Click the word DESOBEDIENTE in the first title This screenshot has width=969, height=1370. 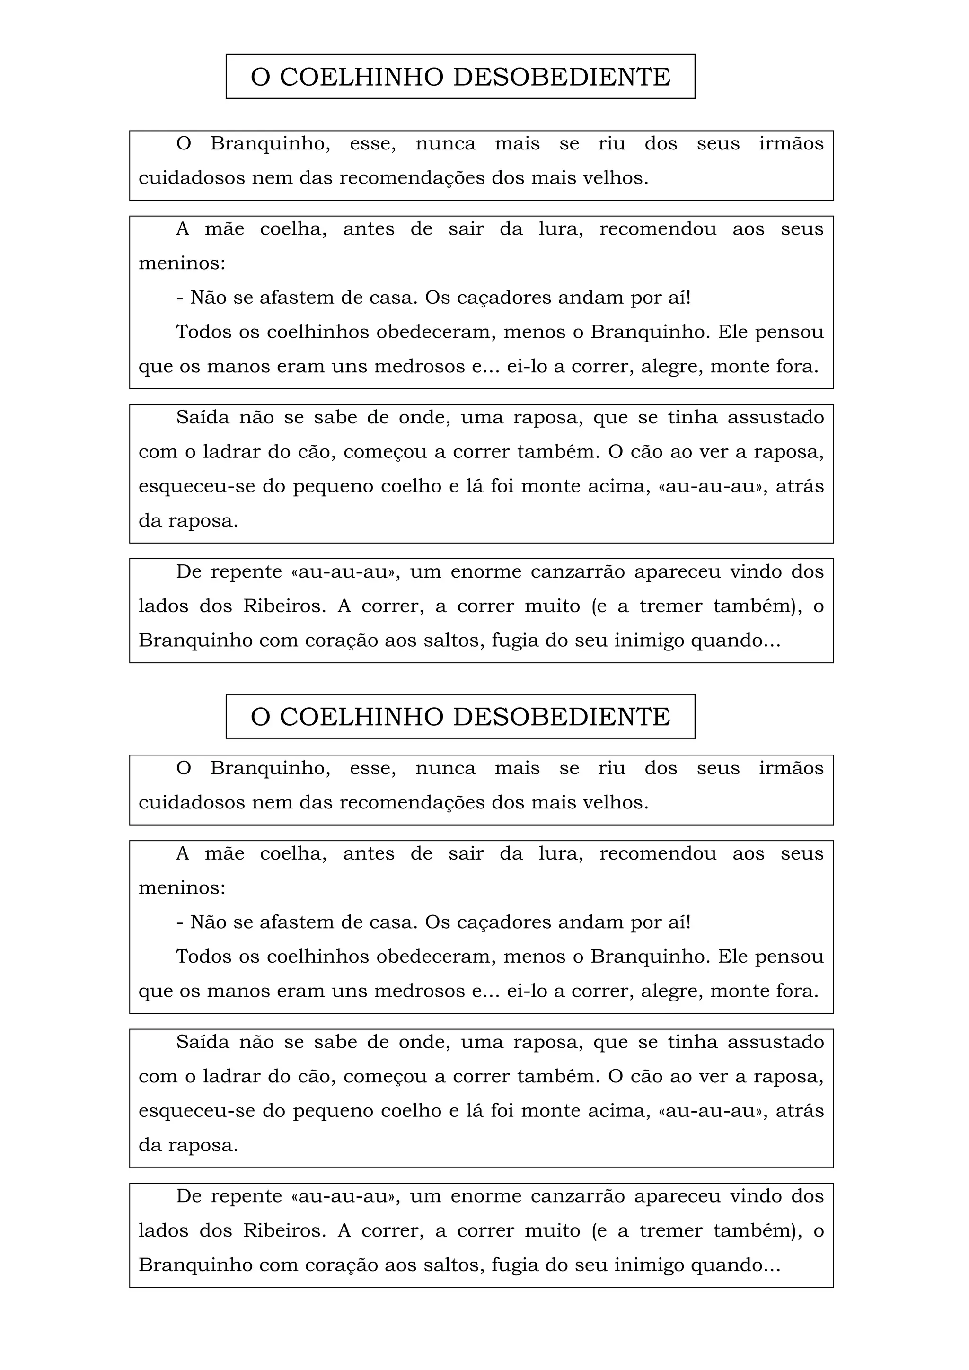point(562,77)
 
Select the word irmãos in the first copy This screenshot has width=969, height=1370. point(791,144)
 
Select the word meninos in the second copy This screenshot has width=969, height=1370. point(181,888)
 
